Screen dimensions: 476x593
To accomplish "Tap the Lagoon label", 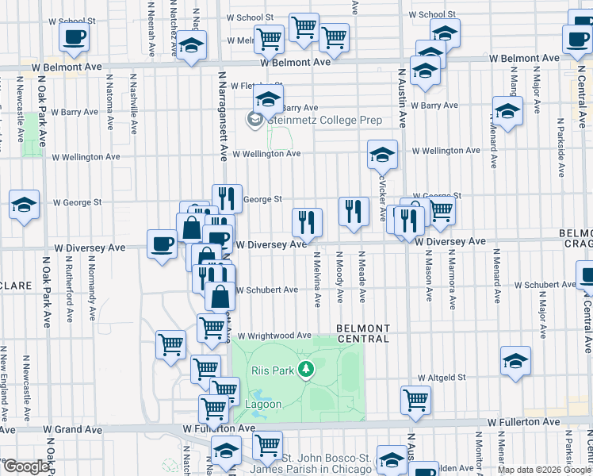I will tap(262, 404).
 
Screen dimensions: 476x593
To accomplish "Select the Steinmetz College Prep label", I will tap(325, 121).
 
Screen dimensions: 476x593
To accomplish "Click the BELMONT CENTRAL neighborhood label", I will tap(363, 333).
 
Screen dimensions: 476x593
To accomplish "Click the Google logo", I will tap(26, 466).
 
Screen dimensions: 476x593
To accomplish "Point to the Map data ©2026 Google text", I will tap(544, 470).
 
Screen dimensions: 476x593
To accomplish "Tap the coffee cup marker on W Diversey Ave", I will tap(163, 244).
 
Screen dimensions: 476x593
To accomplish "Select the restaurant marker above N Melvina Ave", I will tap(306, 222).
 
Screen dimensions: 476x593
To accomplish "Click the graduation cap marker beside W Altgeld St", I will tap(516, 360).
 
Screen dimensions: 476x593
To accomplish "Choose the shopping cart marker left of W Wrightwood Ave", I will tap(212, 326).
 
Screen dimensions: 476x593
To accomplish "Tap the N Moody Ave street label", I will tap(339, 277).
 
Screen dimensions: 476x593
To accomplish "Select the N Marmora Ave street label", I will tap(451, 277).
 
